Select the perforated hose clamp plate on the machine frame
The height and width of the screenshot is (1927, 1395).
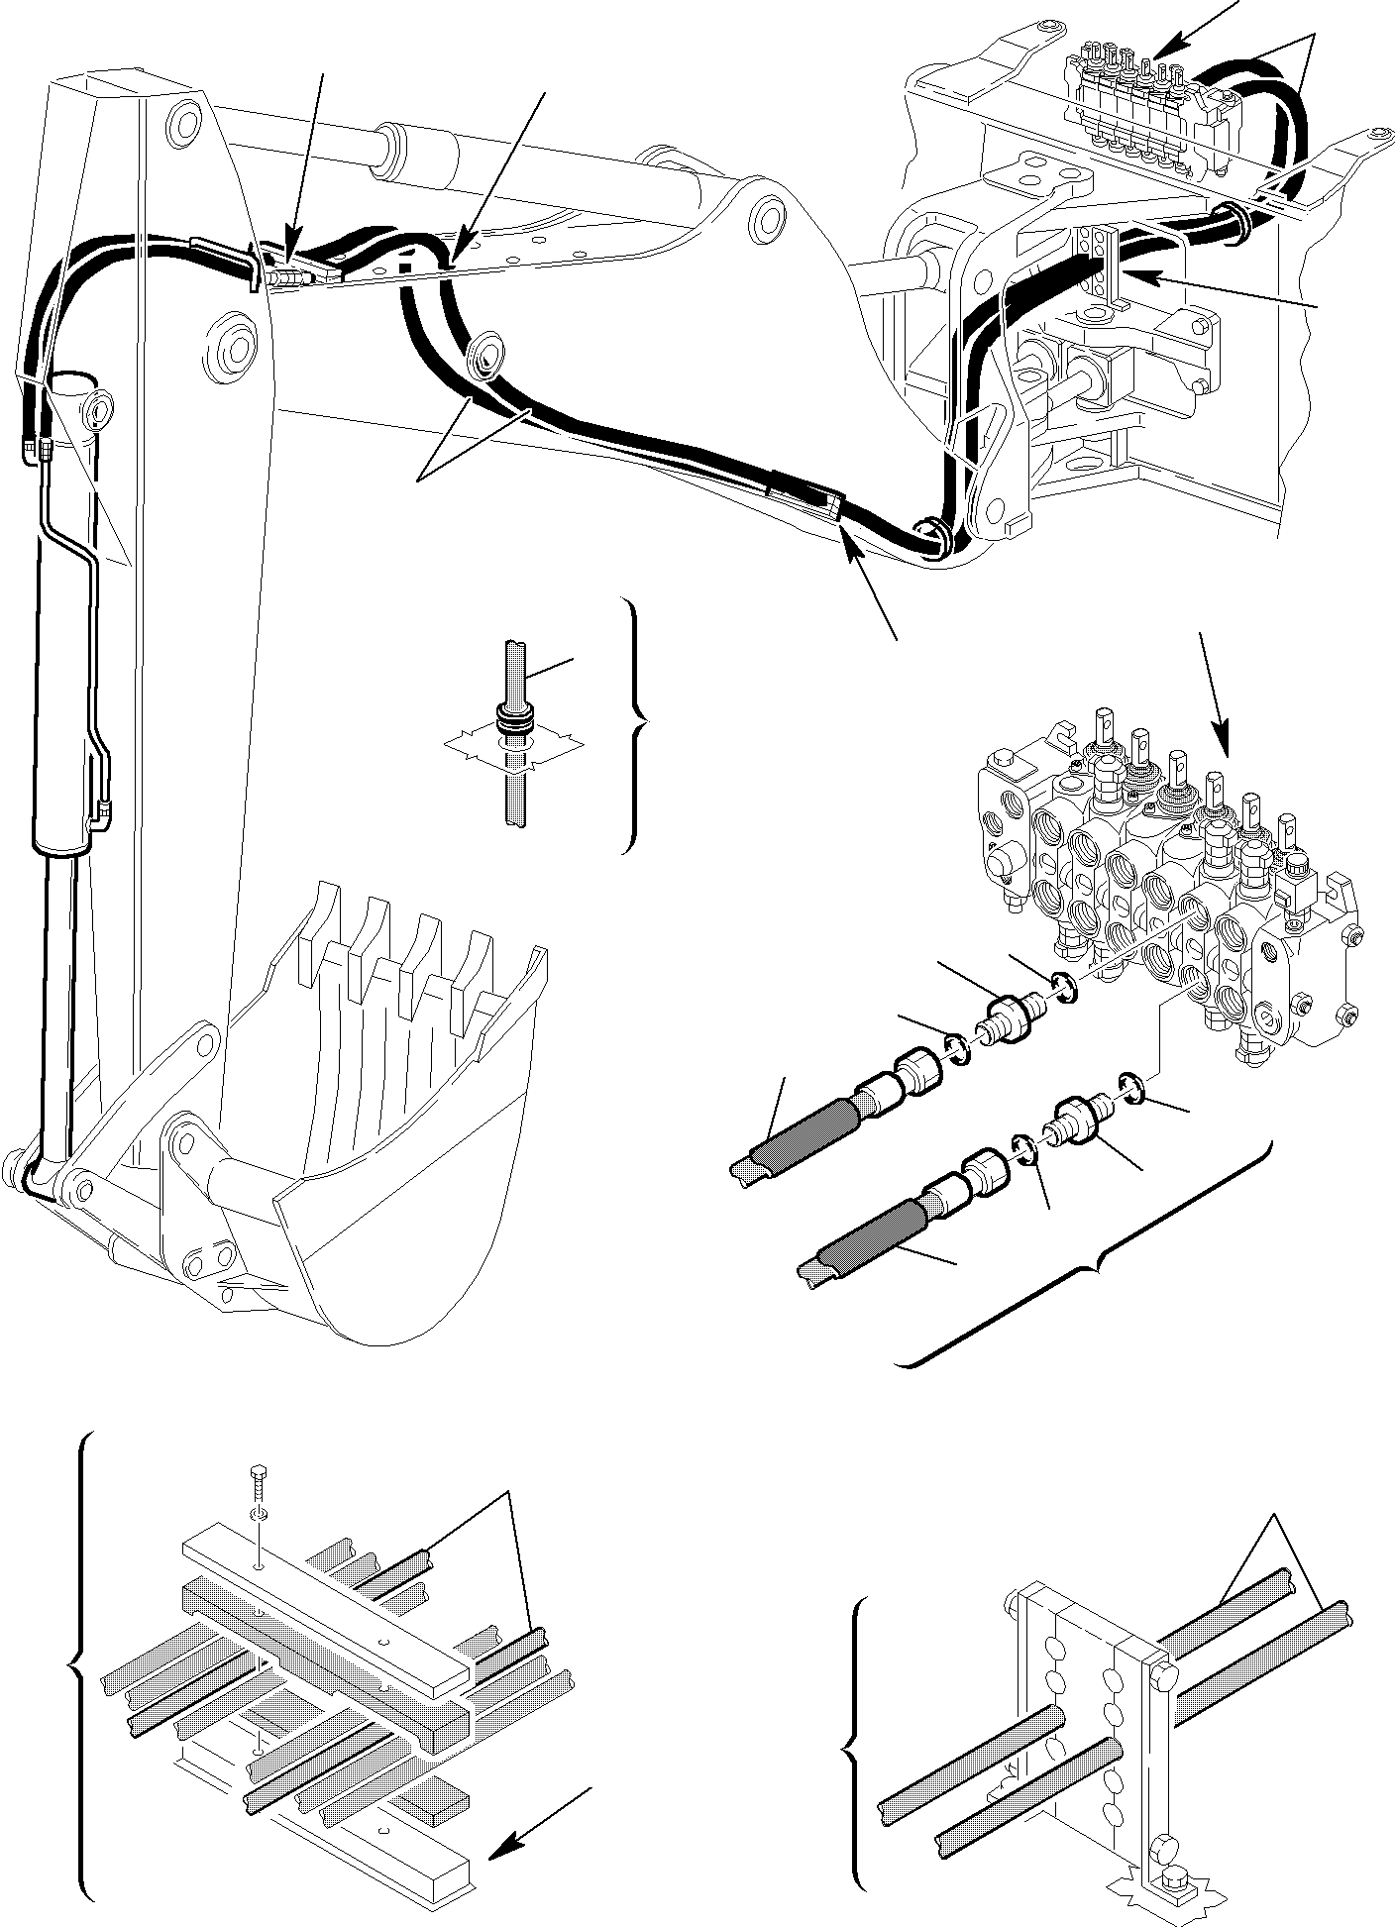pyautogui.click(x=1100, y=263)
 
